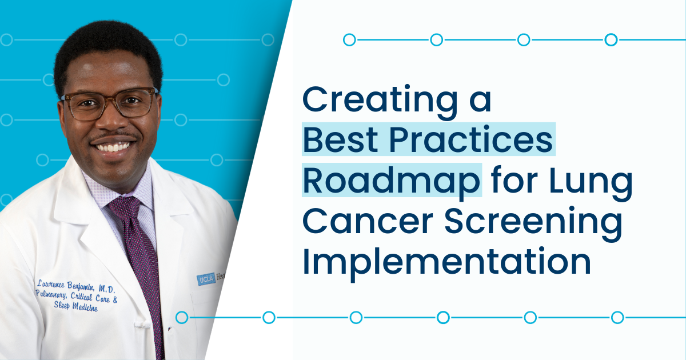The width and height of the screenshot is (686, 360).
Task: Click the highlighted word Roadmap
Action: tap(391, 179)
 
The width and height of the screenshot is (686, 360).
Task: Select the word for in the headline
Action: tap(510, 179)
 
